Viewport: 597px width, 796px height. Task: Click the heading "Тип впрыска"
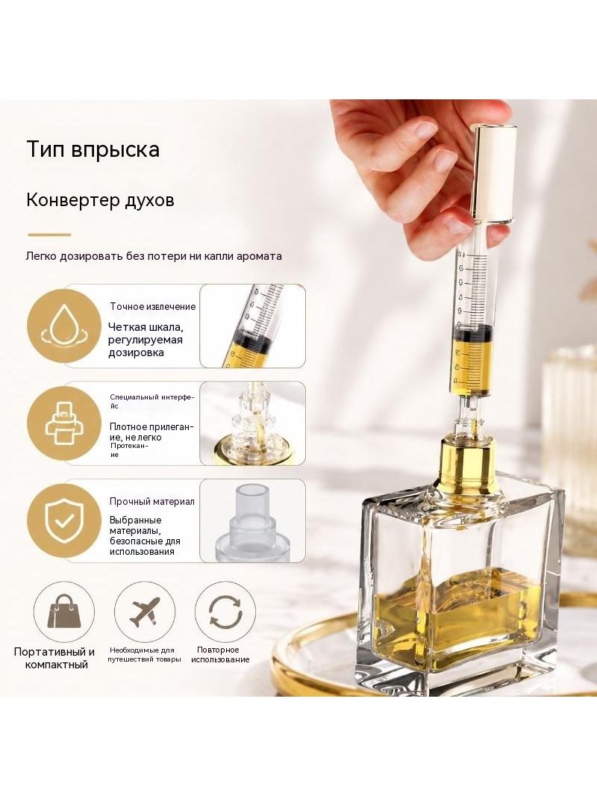[93, 150]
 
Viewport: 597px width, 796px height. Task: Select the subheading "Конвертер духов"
[100, 200]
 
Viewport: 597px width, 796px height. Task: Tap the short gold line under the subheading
[49, 234]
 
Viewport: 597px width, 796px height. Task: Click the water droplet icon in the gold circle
[63, 326]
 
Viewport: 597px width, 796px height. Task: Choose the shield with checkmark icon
[63, 521]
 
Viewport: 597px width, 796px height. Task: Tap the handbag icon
[64, 612]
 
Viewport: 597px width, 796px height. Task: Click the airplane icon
[145, 612]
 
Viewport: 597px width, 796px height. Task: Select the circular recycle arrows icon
[225, 612]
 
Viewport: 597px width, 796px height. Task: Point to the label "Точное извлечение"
[153, 307]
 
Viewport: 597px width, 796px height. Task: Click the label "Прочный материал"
[151, 502]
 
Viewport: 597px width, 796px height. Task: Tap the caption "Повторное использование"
[220, 655]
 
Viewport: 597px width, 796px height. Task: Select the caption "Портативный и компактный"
[54, 658]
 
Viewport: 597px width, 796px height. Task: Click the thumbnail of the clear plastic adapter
[252, 521]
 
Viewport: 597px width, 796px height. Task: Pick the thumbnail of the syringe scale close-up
[252, 326]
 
